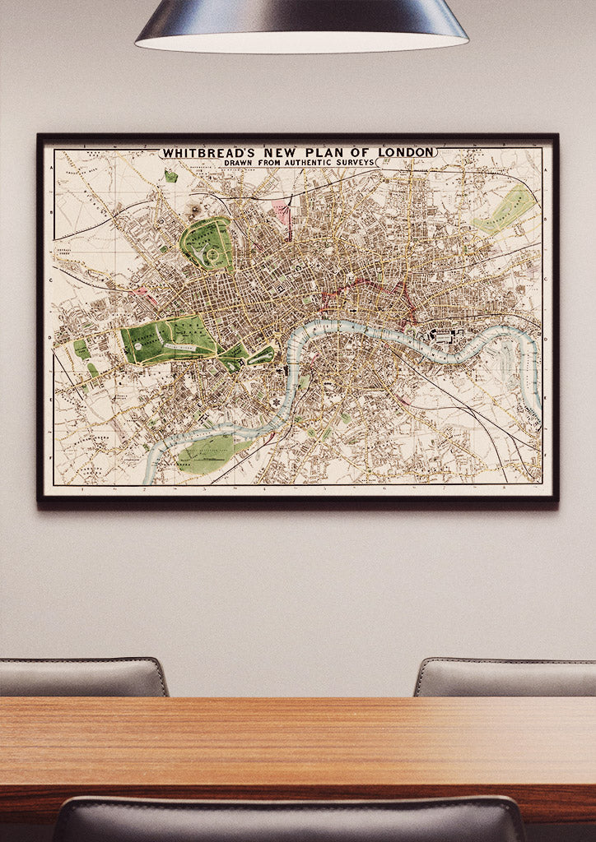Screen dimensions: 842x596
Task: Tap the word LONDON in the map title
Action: (x=406, y=152)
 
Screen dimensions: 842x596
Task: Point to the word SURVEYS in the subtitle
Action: (x=350, y=163)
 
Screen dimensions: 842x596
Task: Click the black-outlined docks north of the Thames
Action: (x=443, y=335)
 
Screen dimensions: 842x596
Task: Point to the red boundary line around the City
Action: (x=362, y=287)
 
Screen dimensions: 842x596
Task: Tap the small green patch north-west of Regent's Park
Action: (x=170, y=176)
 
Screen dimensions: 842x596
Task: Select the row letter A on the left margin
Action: (x=51, y=169)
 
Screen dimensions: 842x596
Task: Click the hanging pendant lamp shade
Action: (x=301, y=25)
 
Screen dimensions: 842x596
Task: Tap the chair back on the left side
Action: (x=82, y=678)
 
